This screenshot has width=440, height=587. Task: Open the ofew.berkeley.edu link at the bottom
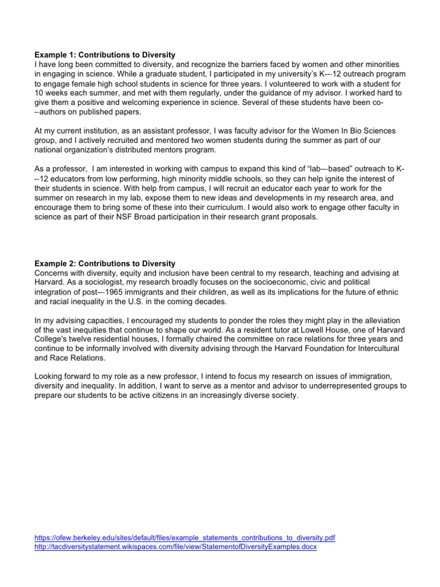pos(185,538)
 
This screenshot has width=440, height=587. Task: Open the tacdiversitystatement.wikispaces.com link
pos(176,547)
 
